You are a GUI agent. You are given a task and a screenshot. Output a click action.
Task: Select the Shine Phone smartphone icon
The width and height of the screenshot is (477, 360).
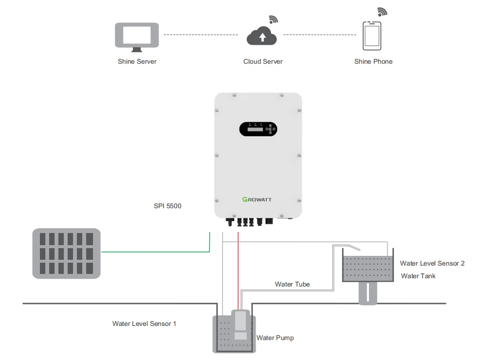pos(372,36)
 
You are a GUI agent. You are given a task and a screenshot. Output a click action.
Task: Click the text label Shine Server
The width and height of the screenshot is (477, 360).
pos(137,62)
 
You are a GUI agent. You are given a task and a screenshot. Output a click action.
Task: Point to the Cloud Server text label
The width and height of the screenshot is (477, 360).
pos(263,62)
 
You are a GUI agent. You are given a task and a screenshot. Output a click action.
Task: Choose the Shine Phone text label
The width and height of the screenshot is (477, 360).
pos(373,62)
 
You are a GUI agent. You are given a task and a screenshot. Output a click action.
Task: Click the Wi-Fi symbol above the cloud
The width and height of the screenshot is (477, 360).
pos(274,19)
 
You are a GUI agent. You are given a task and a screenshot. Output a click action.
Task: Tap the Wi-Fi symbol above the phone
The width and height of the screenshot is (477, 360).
pos(383,12)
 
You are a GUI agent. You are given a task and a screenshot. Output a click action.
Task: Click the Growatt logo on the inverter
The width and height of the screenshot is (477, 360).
pos(258,199)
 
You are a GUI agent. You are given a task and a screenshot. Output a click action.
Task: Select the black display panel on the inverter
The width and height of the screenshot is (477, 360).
pos(258,129)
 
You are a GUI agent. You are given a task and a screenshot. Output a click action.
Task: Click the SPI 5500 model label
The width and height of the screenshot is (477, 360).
pos(167,206)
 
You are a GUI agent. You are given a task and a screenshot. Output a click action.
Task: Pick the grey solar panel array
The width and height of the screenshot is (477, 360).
pos(66,253)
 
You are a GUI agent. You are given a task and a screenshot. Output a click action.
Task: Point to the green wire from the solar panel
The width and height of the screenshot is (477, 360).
pos(156,252)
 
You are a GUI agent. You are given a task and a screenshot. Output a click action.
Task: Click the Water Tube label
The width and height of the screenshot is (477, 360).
pos(292,285)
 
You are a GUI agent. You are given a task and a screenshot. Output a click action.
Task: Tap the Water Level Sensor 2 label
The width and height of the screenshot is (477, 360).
pos(432,264)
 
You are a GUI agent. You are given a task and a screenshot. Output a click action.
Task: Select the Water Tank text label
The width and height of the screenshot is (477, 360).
pos(418,276)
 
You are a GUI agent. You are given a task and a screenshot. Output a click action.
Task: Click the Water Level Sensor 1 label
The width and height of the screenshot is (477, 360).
pos(144,324)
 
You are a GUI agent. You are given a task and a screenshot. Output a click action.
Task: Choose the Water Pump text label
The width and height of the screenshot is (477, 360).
pos(275,338)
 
